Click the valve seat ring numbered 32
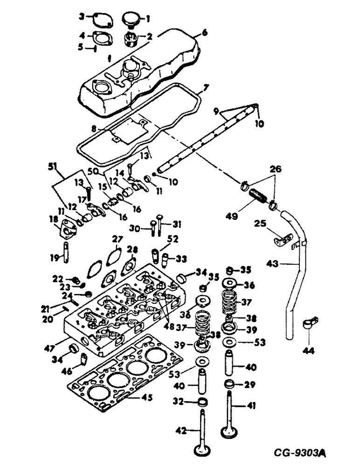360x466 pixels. (203, 402)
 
